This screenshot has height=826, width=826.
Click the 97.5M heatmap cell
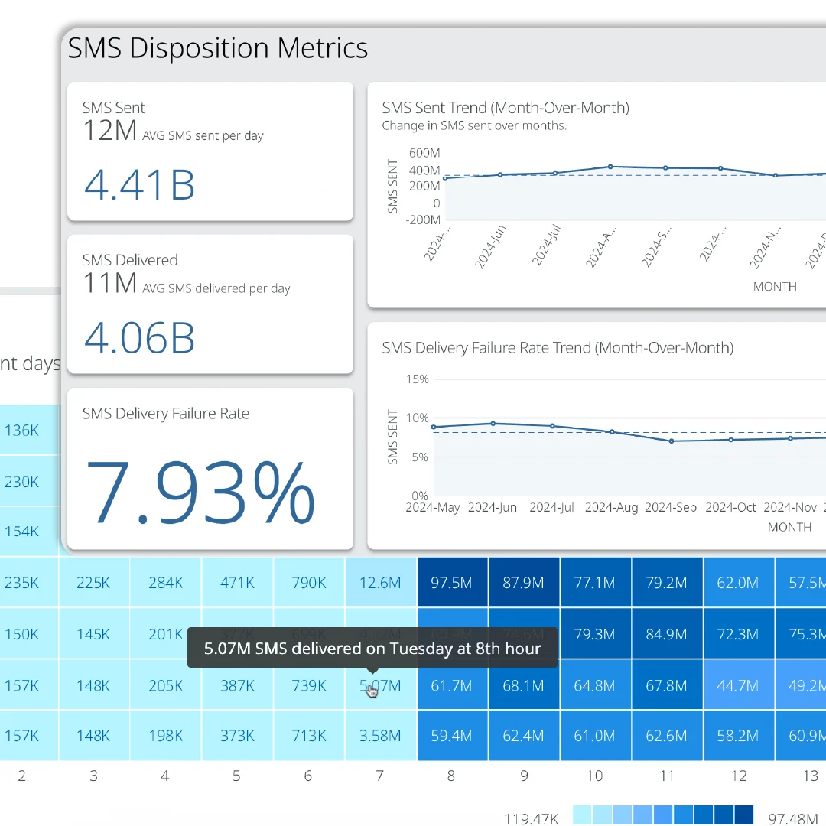pos(451,583)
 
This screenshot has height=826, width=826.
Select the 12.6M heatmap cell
pos(380,583)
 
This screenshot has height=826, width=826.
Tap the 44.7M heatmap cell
pos(737,685)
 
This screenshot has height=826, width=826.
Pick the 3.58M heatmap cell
pos(380,736)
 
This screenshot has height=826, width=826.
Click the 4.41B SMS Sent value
pos(139,185)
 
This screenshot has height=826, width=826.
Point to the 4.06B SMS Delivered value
pos(139,337)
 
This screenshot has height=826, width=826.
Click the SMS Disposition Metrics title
pos(218,48)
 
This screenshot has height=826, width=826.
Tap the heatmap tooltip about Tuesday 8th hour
pos(372,649)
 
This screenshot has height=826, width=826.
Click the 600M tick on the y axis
pos(424,152)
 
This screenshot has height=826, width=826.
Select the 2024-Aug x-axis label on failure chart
pos(611,507)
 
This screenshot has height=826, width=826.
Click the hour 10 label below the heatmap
pos(594,776)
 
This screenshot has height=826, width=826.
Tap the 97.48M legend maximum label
pos(793,819)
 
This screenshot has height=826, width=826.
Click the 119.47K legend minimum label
pos(532,819)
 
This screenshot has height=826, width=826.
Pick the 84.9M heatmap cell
pos(666,634)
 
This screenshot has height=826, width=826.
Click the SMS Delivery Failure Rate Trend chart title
pos(558,348)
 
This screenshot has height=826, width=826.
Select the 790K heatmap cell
pos(309,583)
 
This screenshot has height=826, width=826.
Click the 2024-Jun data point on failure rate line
pos(493,423)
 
